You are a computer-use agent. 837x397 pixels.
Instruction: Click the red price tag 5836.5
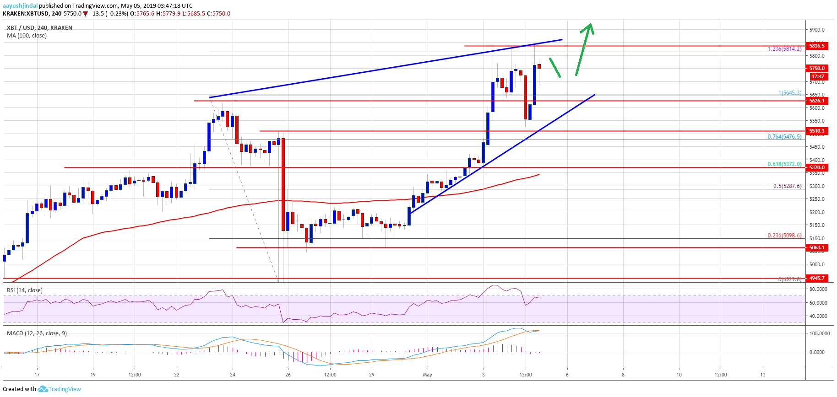click(817, 46)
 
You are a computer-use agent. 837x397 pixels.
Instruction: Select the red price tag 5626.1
click(817, 101)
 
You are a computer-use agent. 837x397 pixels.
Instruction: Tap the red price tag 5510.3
click(817, 131)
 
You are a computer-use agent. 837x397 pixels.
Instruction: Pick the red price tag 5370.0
click(817, 167)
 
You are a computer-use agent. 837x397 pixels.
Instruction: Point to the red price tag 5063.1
click(817, 247)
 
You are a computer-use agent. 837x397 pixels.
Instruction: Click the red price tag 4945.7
click(817, 278)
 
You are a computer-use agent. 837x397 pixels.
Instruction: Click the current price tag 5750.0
click(817, 68)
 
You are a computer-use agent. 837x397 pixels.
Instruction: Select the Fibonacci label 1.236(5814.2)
click(784, 49)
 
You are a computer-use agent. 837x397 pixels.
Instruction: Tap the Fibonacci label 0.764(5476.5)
click(784, 137)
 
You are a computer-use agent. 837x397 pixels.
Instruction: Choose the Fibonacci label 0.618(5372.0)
click(784, 164)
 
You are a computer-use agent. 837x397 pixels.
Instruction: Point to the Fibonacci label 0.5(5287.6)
click(787, 186)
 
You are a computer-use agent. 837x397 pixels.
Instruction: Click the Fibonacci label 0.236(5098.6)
click(784, 236)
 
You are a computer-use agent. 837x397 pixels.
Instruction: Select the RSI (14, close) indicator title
click(24, 290)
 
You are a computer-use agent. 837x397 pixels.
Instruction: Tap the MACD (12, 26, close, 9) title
click(37, 333)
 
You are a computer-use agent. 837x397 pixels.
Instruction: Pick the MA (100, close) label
click(27, 36)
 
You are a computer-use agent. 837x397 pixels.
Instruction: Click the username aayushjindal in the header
click(20, 6)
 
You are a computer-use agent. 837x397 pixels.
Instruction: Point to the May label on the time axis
click(427, 375)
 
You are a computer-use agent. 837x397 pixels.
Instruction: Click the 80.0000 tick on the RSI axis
click(818, 290)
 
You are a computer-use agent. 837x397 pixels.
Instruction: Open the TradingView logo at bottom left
click(60, 389)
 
